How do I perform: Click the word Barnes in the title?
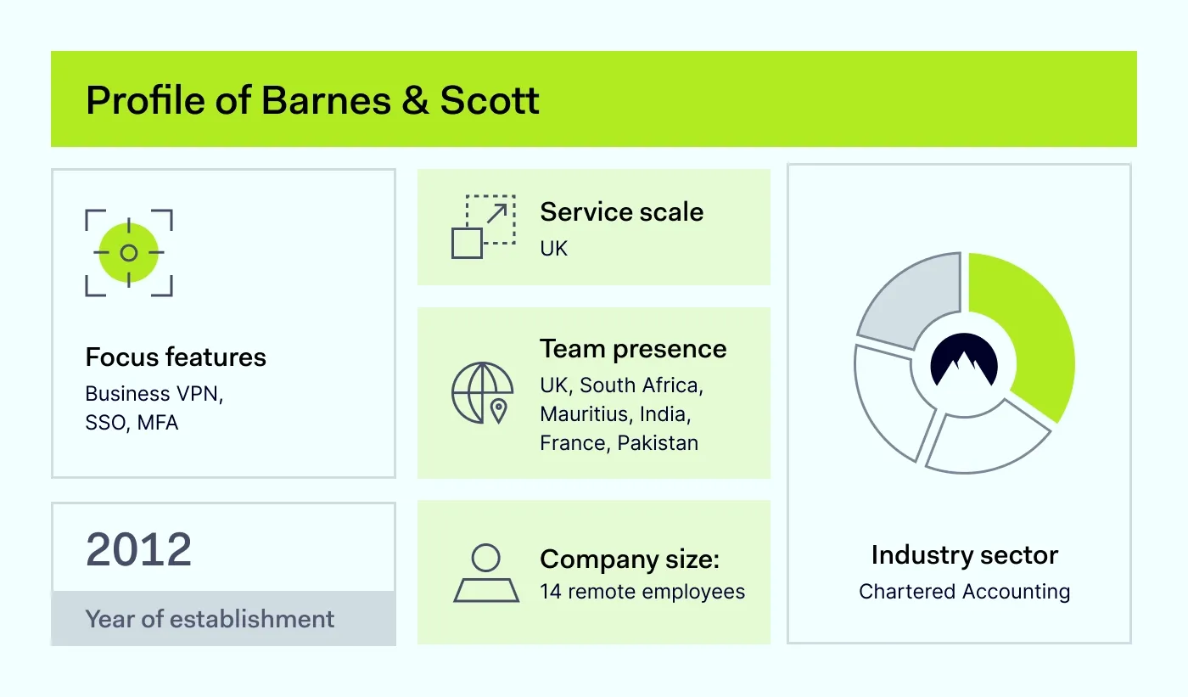(326, 100)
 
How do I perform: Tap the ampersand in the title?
(415, 100)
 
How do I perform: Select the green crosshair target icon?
(129, 253)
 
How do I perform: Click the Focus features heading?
(176, 357)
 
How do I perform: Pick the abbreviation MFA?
(158, 423)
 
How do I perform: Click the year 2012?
(138, 549)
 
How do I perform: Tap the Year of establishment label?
(210, 619)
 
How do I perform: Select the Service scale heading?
(621, 212)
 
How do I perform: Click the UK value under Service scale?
(553, 248)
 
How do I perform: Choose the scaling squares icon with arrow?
(484, 227)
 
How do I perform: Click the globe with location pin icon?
(483, 393)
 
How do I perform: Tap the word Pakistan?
(658, 443)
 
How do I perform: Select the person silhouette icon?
(485, 573)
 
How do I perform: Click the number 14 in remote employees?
(551, 592)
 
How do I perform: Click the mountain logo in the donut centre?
(964, 360)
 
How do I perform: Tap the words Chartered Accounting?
(964, 592)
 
